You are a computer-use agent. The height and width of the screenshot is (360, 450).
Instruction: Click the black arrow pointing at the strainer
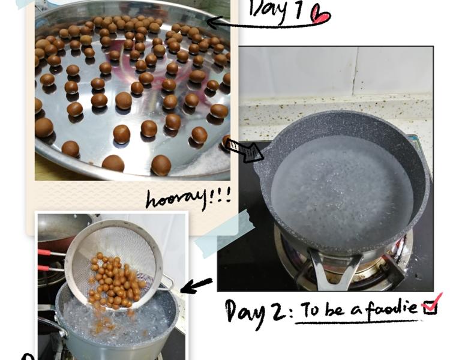tap(197, 286)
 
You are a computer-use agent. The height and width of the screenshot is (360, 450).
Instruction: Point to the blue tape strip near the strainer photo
tap(224, 233)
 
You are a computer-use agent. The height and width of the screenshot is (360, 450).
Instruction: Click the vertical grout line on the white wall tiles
tap(355, 72)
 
